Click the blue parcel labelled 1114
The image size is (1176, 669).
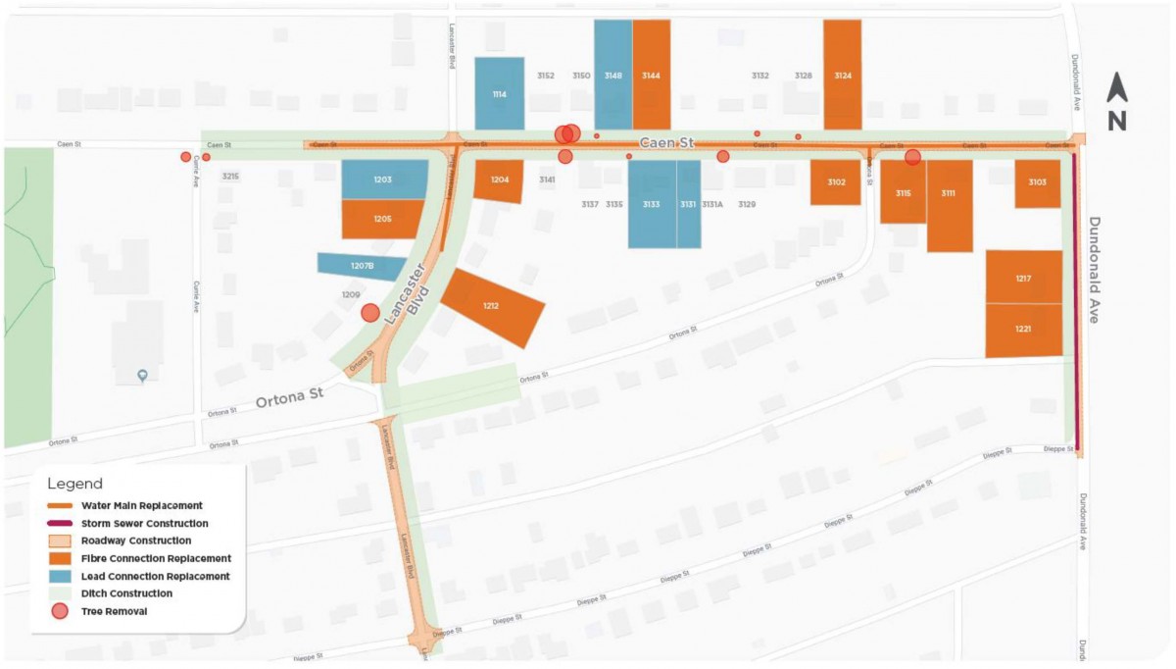coord(500,93)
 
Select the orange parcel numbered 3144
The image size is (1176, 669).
coord(651,75)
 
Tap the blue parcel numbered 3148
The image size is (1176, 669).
coord(612,75)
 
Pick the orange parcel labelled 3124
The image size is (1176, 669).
coord(842,75)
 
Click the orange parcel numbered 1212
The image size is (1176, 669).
coord(492,307)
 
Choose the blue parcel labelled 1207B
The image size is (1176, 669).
coord(362,266)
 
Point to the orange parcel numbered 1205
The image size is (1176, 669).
coord(382,219)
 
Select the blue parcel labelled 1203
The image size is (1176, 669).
coord(383,180)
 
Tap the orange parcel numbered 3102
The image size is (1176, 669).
coord(835,182)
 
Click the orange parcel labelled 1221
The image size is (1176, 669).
coord(1023,330)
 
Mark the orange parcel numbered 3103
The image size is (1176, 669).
coord(1037,183)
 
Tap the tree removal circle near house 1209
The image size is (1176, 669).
coord(370,313)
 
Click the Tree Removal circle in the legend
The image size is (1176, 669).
coord(60,611)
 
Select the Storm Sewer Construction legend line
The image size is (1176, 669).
coord(60,524)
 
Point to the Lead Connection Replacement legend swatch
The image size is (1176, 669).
coord(60,576)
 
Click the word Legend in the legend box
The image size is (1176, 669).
coord(75,484)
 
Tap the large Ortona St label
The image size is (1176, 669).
coord(289,400)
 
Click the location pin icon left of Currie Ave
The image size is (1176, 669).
coord(142,376)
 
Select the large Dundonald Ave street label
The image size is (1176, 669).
coord(1095,269)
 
